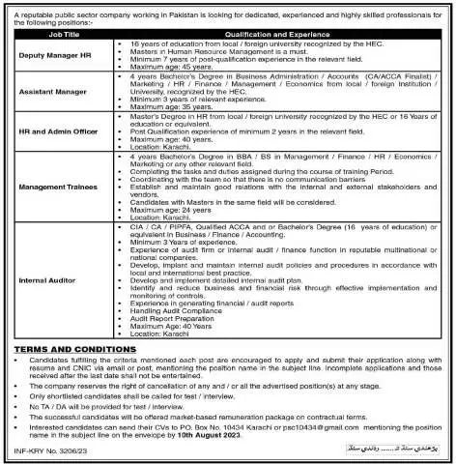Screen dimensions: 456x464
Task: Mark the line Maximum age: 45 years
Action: click(165, 66)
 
